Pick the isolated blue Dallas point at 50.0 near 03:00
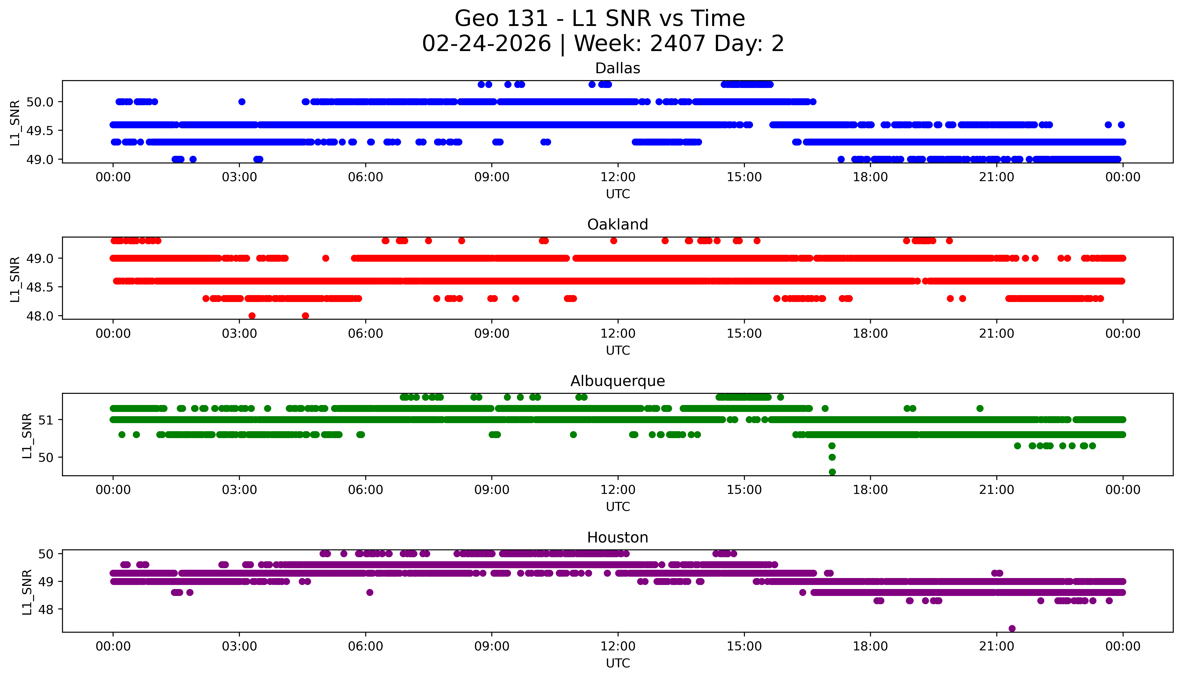click(x=242, y=102)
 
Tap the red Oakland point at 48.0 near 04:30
click(x=305, y=316)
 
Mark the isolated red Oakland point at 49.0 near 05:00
click(x=326, y=258)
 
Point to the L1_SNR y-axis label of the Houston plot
click(x=27, y=591)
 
